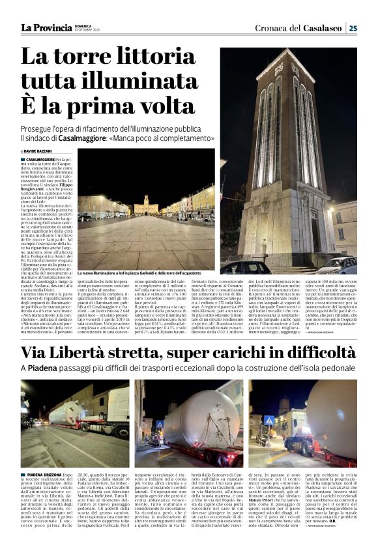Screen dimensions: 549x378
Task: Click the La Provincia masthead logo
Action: (46, 27)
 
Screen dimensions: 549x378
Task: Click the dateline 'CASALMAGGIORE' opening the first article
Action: (40, 158)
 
